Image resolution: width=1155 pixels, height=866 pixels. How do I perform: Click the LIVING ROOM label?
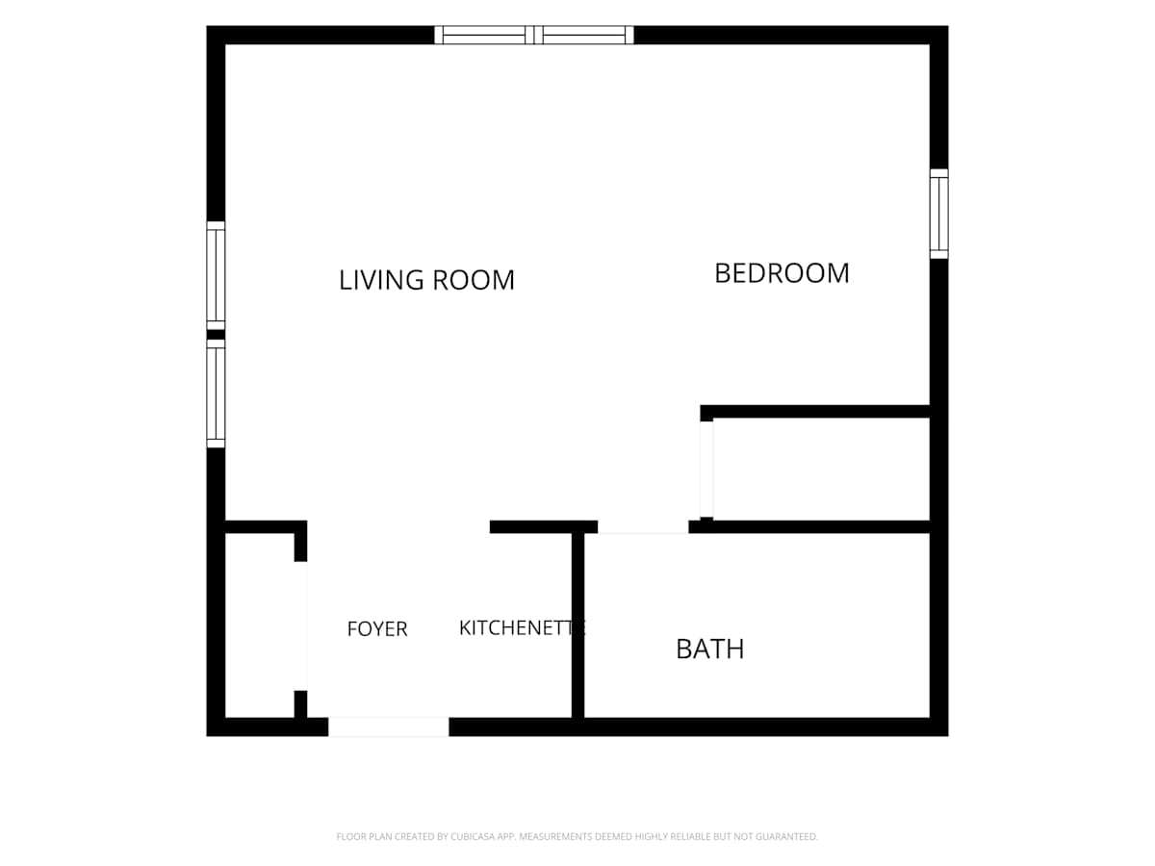pyautogui.click(x=426, y=280)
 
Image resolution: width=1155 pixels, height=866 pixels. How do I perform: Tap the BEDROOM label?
pyautogui.click(x=782, y=273)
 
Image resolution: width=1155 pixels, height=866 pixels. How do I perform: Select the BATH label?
pyautogui.click(x=709, y=649)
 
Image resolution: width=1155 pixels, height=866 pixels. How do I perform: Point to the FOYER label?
pyautogui.click(x=377, y=629)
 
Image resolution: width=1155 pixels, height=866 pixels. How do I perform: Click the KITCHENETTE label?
pyautogui.click(x=522, y=627)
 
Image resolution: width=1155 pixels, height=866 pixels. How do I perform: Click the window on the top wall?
pyautogui.click(x=533, y=36)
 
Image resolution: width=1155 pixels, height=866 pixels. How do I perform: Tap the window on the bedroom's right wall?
pyautogui.click(x=938, y=214)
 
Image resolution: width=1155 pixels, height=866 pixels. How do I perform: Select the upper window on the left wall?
pyautogui.click(x=216, y=275)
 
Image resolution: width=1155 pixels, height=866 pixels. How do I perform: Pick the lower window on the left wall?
pyautogui.click(x=216, y=394)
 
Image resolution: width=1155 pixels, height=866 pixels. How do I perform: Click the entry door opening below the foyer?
pyautogui.click(x=389, y=726)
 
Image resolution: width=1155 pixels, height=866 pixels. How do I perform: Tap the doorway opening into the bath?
pyautogui.click(x=643, y=527)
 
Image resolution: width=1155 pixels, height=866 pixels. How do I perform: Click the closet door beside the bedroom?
pyautogui.click(x=706, y=470)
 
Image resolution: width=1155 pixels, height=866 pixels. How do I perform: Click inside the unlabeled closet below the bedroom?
pyautogui.click(x=821, y=470)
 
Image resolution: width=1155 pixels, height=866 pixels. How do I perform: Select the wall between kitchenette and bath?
pyautogui.click(x=577, y=625)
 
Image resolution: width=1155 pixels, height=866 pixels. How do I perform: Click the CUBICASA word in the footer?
pyautogui.click(x=472, y=836)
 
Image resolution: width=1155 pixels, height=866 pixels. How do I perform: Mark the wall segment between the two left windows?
pyautogui.click(x=216, y=335)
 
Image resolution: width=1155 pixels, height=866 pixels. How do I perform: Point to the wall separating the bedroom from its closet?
pyautogui.click(x=815, y=411)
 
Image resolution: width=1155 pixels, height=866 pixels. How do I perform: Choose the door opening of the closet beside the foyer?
pyautogui.click(x=301, y=625)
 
